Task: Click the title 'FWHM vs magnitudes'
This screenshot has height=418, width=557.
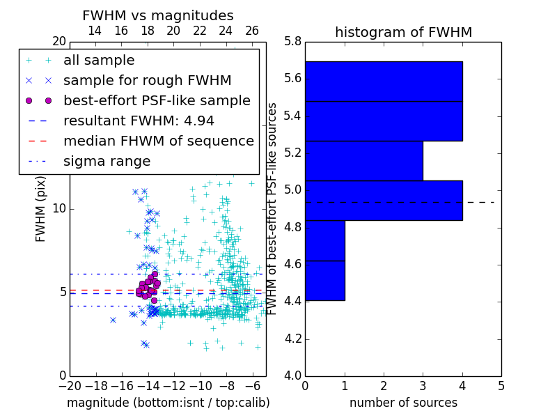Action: (x=157, y=15)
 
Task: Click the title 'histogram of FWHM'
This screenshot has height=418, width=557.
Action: (x=403, y=32)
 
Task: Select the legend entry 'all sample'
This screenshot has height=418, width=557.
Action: (x=99, y=61)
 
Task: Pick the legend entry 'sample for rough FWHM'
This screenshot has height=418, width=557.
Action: (x=147, y=80)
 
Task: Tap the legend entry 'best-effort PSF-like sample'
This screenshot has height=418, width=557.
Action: (x=157, y=100)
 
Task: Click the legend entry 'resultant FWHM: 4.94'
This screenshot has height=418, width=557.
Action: (x=139, y=121)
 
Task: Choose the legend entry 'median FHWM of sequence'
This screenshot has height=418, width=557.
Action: (x=158, y=141)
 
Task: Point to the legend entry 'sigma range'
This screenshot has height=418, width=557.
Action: (x=107, y=162)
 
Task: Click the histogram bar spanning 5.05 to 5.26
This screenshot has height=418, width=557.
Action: (x=363, y=161)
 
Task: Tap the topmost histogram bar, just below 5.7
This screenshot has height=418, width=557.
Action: (x=384, y=82)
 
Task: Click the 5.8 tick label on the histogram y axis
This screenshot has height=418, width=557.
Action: (x=293, y=41)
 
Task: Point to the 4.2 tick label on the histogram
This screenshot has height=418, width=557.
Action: (x=293, y=339)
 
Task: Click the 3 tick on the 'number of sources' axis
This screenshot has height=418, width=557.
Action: (x=423, y=385)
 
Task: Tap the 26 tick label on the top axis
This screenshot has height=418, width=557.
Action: (x=252, y=31)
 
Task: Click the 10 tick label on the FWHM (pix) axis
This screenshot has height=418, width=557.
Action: (x=58, y=208)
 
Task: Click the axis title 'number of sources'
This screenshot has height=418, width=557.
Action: (x=403, y=403)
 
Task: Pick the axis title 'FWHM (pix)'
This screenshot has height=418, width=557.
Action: (x=40, y=208)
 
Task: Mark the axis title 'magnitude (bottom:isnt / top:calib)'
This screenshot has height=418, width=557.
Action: (x=168, y=403)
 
